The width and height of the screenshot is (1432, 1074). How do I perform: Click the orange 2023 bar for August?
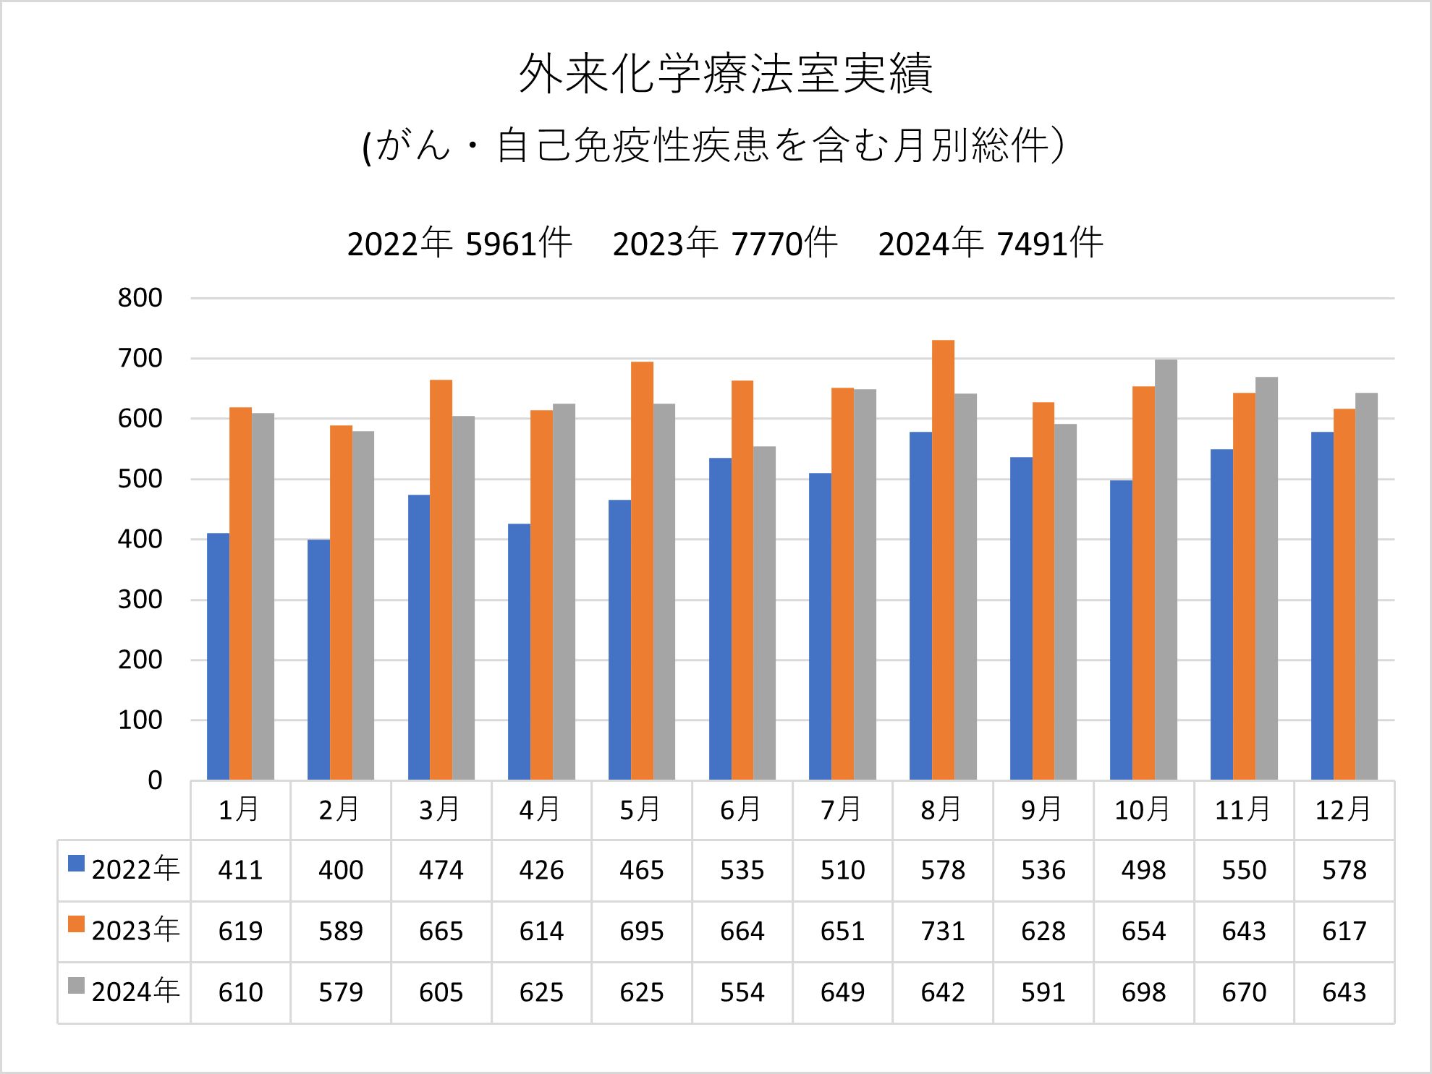pyautogui.click(x=943, y=560)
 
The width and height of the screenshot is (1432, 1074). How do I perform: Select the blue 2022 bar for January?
pyautogui.click(x=218, y=657)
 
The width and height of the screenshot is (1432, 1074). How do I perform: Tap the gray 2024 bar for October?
pyautogui.click(x=1166, y=570)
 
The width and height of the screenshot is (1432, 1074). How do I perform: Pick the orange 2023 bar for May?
pyautogui.click(x=642, y=571)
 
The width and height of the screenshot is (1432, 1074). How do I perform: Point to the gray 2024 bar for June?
pyautogui.click(x=764, y=613)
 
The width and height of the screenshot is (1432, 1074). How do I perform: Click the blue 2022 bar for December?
pyautogui.click(x=1322, y=606)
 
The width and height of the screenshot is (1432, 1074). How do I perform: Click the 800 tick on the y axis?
pyautogui.click(x=140, y=298)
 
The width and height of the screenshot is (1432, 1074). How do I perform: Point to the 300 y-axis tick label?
pyautogui.click(x=140, y=600)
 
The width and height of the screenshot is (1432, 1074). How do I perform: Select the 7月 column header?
pyautogui.click(x=842, y=810)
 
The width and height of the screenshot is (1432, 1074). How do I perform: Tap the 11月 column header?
pyautogui.click(x=1243, y=810)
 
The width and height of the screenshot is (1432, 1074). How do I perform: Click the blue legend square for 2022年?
pyautogui.click(x=76, y=864)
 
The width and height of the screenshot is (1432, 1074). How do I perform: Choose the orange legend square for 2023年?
pyautogui.click(x=76, y=924)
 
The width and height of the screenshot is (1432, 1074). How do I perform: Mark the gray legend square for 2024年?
pyautogui.click(x=76, y=986)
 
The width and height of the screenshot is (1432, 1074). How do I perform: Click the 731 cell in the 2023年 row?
pyautogui.click(x=943, y=932)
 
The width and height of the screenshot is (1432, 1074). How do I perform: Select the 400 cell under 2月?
pyautogui.click(x=341, y=870)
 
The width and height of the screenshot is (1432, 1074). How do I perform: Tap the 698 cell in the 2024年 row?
pyautogui.click(x=1143, y=992)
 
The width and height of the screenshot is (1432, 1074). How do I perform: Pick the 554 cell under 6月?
pyautogui.click(x=742, y=992)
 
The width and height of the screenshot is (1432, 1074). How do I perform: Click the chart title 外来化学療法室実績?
pyautogui.click(x=725, y=74)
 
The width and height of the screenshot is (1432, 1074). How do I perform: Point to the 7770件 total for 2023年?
pyautogui.click(x=784, y=244)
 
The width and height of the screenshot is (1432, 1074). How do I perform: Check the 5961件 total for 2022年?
pyautogui.click(x=518, y=244)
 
